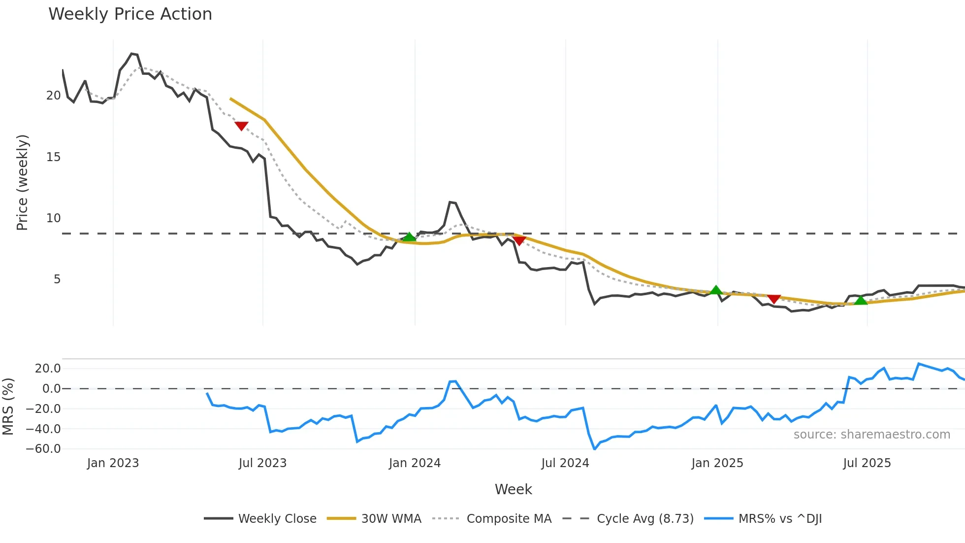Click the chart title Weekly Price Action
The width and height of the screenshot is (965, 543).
coord(130,14)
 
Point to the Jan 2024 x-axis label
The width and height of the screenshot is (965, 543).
coord(415,463)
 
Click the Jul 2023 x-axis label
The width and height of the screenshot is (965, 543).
coord(262,463)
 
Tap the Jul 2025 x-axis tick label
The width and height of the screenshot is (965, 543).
coord(867,463)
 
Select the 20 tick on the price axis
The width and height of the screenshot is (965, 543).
coord(53,96)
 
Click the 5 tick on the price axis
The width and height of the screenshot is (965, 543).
coord(57,279)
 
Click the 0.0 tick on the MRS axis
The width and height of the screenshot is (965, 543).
coord(51,389)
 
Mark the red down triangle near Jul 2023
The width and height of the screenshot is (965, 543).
coord(241,126)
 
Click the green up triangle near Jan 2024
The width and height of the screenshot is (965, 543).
coord(409,237)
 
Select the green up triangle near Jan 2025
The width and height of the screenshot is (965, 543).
coord(716,290)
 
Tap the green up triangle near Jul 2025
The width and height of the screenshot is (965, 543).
coord(860,300)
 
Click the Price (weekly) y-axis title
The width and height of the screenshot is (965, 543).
coord(23,182)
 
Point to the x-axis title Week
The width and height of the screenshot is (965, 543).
coord(513,489)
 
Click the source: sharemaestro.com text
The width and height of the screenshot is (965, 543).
coord(871,435)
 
